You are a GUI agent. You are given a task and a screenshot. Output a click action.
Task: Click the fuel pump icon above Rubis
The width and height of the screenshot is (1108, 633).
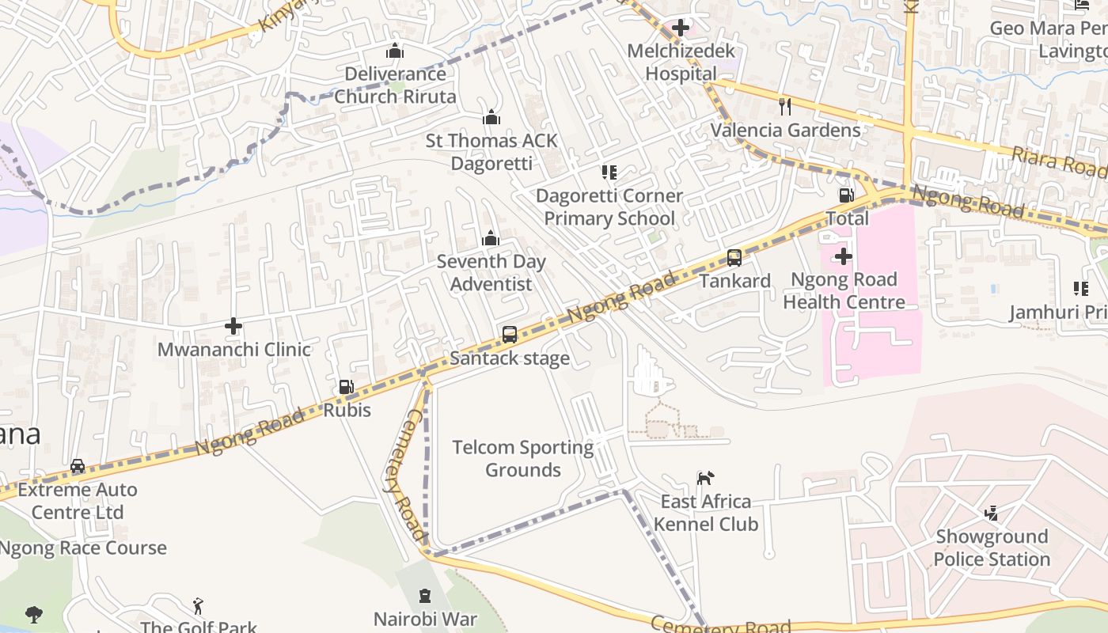(346, 387)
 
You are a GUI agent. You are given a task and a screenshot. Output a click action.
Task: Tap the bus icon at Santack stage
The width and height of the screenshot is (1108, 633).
(510, 334)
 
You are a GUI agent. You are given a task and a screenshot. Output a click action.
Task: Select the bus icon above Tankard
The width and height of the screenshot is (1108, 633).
(734, 257)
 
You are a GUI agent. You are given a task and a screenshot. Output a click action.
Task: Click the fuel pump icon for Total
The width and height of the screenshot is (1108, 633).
(846, 195)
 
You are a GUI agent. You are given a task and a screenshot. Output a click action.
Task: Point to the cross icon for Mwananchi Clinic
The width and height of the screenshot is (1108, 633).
(233, 325)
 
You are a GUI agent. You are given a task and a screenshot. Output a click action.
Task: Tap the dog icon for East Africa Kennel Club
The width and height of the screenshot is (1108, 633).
(705, 477)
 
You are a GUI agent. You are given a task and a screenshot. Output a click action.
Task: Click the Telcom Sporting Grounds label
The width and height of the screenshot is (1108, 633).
(522, 458)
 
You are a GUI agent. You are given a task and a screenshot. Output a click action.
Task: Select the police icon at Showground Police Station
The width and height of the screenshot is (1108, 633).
(991, 513)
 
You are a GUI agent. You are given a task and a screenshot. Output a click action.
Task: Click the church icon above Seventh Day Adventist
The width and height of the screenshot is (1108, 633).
(491, 237)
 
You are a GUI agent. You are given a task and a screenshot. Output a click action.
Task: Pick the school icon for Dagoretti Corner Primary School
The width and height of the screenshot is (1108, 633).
(609, 172)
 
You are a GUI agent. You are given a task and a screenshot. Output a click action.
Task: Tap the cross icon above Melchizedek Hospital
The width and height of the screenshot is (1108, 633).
(680, 28)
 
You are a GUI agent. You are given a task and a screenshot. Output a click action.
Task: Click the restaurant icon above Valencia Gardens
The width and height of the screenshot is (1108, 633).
(785, 106)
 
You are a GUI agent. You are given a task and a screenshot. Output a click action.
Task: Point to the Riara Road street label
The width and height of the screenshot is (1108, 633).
(1060, 162)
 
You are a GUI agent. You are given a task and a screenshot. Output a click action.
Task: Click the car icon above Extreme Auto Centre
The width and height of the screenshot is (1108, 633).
(78, 466)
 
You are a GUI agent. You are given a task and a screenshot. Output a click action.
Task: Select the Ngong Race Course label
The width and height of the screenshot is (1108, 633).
(83, 548)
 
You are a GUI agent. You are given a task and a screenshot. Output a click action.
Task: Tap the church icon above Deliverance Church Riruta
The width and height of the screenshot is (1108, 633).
(395, 51)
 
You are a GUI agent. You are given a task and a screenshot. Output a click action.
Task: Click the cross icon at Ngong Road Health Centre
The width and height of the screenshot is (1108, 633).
(844, 256)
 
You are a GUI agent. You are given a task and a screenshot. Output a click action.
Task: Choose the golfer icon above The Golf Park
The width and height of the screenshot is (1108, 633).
(198, 606)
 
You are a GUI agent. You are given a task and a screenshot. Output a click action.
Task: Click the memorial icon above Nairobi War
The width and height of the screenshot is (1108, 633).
(425, 595)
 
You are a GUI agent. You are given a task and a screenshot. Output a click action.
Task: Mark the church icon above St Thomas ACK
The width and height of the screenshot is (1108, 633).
(491, 117)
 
